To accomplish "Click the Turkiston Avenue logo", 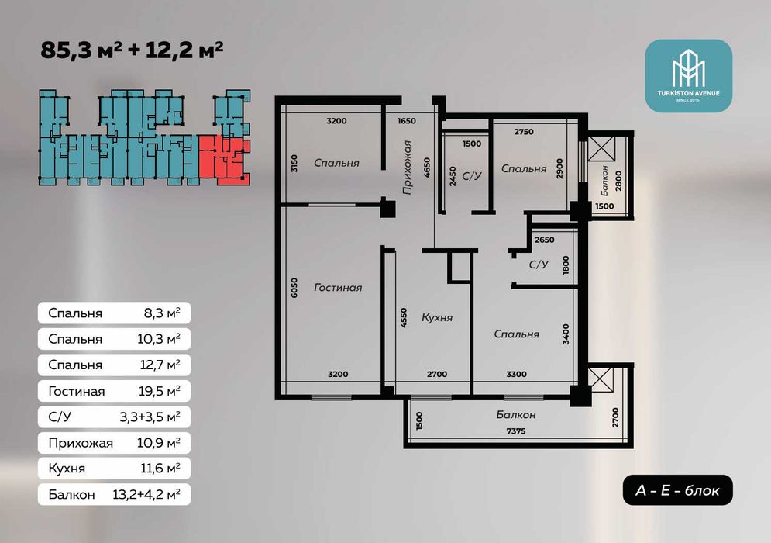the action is tap(688, 75).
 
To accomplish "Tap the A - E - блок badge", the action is tap(677, 490).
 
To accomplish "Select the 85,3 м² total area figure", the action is tap(81, 50).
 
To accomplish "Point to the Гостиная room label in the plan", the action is tap(338, 288).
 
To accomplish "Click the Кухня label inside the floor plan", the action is tap(437, 318).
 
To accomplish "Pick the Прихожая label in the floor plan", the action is tap(407, 168).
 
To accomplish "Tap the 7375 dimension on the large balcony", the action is tap(516, 431).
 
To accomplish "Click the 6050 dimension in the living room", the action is tap(294, 288).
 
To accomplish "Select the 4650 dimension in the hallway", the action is tap(426, 168).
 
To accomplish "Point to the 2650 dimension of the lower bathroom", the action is tap(544, 240).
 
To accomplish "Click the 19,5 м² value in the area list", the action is tap(160, 392).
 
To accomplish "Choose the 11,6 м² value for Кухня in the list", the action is tap(160, 468).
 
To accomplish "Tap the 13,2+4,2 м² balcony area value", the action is tap(146, 494).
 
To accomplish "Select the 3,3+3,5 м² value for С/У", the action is tap(150, 417).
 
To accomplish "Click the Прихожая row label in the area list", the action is tap(81, 444).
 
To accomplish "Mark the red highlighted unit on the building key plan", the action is tap(224, 157).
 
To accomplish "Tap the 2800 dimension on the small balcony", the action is tap(618, 180).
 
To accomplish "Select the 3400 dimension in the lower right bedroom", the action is tap(566, 334).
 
